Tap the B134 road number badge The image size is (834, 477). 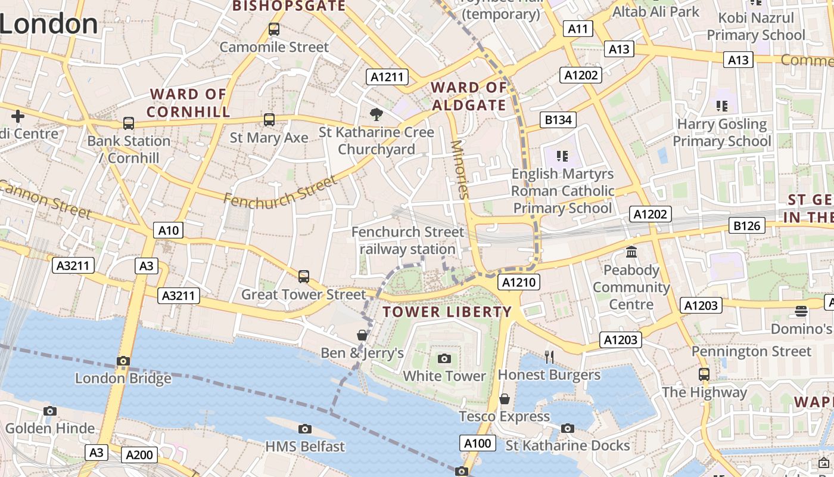click(x=558, y=120)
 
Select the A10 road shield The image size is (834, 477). click(x=169, y=231)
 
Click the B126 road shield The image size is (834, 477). click(x=747, y=225)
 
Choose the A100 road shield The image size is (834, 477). click(x=477, y=443)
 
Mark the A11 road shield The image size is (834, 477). click(x=578, y=29)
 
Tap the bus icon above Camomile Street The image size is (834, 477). click(x=274, y=29)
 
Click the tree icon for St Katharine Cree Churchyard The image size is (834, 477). click(x=376, y=114)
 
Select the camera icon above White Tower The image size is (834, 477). click(x=444, y=358)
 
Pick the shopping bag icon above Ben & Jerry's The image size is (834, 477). click(x=362, y=335)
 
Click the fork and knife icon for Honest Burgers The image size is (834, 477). click(x=549, y=357)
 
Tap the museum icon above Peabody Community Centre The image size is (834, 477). click(x=631, y=252)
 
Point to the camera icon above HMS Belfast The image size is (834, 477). click(x=305, y=429)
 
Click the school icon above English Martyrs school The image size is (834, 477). click(x=562, y=156)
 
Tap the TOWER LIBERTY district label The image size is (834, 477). click(x=447, y=312)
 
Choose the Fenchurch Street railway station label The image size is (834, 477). click(x=407, y=240)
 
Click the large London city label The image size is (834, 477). click(x=49, y=24)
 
